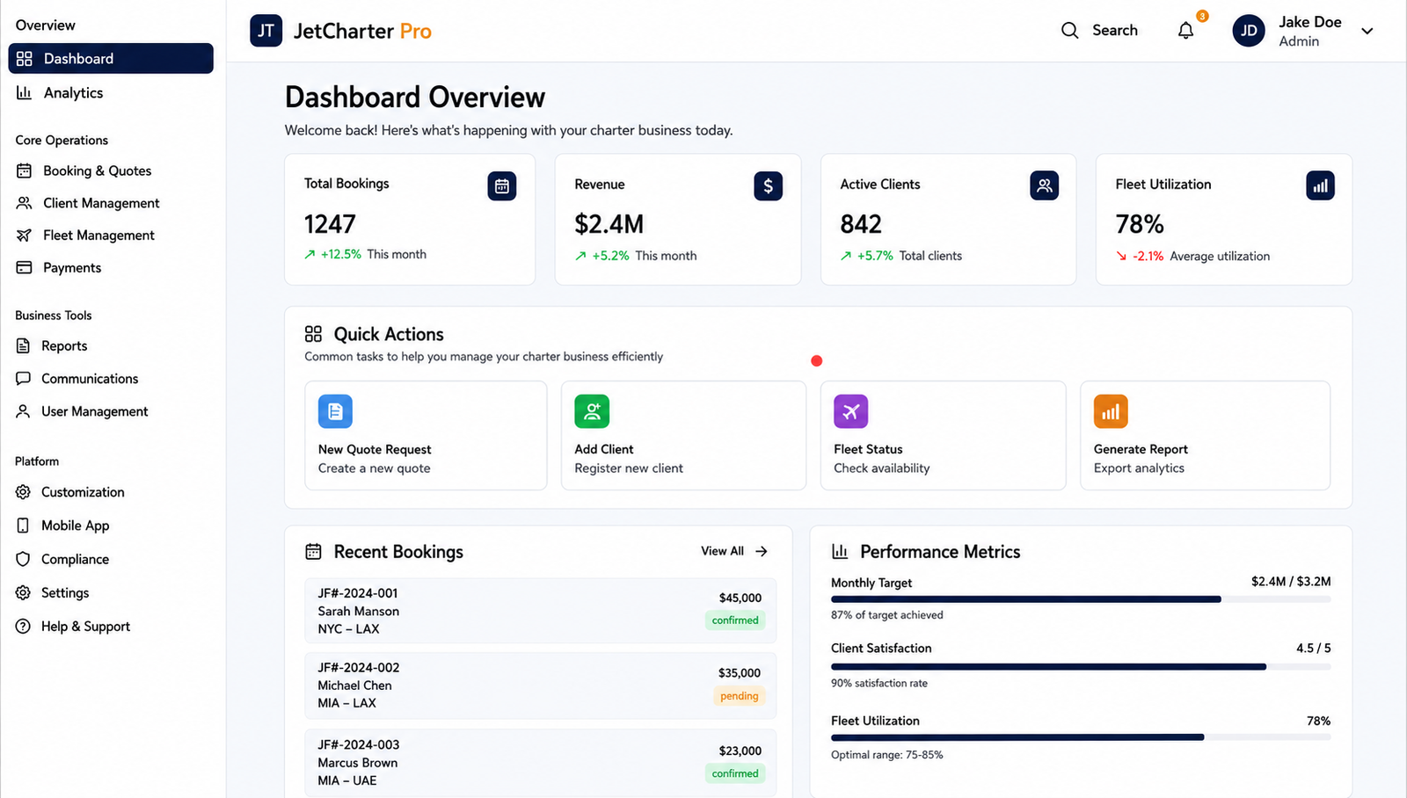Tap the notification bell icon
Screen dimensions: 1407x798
click(1185, 30)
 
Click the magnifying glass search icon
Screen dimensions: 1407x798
click(1069, 30)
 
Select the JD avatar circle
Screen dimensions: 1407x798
click(1249, 31)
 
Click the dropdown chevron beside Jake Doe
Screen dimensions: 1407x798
click(1367, 31)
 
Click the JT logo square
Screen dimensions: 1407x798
click(266, 31)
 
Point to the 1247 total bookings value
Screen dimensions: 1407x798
click(330, 224)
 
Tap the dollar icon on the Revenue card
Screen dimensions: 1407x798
click(769, 185)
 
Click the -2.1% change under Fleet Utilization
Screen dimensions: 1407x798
click(1148, 256)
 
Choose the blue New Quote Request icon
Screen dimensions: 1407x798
click(335, 411)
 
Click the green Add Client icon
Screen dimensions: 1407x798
click(592, 411)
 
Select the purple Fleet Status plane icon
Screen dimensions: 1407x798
click(851, 411)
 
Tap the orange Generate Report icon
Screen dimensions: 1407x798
click(1111, 411)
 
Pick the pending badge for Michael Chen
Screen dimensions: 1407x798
click(740, 696)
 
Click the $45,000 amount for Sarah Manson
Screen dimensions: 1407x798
click(740, 598)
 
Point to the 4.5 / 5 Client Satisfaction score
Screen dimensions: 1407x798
click(1314, 648)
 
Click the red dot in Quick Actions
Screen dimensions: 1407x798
click(817, 361)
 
